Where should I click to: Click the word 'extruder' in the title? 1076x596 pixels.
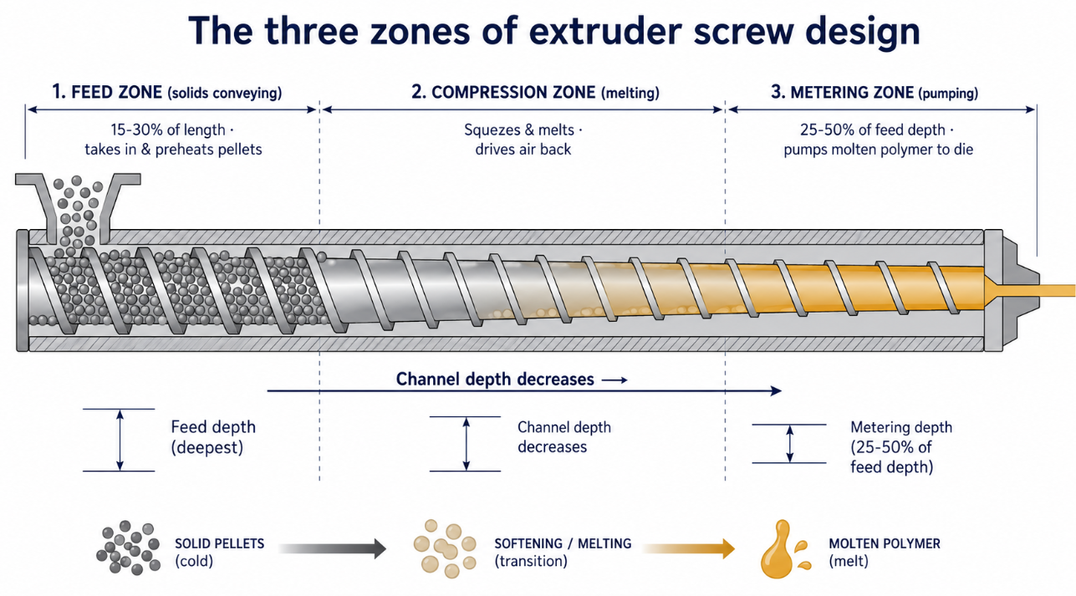pos(604,31)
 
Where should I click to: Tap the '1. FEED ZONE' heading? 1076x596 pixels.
pos(107,92)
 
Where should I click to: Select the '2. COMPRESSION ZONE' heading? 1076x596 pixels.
pos(503,92)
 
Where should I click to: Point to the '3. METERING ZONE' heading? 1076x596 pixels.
pos(843,92)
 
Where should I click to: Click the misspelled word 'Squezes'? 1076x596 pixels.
pos(494,130)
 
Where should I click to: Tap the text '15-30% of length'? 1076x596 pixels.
pos(168,130)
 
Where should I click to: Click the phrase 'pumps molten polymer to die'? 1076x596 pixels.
pos(879,150)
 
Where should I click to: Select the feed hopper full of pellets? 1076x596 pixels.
pos(78,209)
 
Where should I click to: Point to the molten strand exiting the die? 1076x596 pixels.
pos(1057,291)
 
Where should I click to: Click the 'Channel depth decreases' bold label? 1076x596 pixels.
pos(495,380)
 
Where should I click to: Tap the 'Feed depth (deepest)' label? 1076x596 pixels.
pos(213,437)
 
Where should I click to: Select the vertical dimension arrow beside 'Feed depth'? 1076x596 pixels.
pos(120,440)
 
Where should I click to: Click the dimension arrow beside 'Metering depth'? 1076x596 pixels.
pos(790,444)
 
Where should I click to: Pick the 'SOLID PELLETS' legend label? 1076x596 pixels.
pos(220,543)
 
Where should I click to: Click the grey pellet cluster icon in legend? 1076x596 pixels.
pos(129,548)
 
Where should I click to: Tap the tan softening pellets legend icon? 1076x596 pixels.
pos(445,548)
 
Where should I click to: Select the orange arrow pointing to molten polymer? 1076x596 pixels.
pos(688,549)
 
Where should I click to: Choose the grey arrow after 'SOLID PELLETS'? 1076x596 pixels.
pos(332,549)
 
